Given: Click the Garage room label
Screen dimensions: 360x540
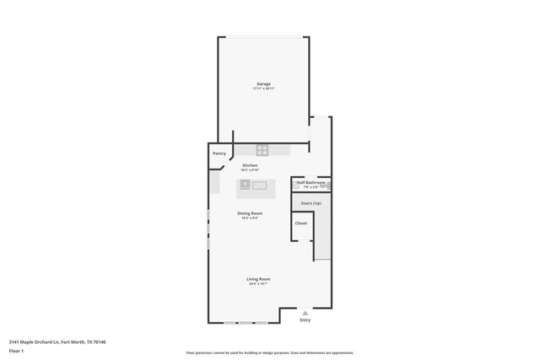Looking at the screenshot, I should [x=263, y=83].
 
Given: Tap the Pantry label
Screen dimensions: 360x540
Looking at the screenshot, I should [x=219, y=153].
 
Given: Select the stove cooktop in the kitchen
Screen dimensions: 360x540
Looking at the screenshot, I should [x=262, y=151].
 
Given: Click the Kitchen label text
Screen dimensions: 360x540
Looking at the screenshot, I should [x=250, y=165].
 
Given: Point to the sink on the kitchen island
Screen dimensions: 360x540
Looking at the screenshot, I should [x=259, y=184].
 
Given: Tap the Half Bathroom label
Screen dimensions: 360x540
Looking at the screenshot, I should [x=310, y=182].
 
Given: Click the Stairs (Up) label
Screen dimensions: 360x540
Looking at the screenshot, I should [x=310, y=203].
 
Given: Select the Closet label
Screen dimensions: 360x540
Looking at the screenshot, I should [x=301, y=223].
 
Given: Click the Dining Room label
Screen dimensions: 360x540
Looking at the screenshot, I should [x=250, y=213].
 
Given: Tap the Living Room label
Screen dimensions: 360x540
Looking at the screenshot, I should [x=258, y=279].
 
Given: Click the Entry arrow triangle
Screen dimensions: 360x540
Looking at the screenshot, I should [x=305, y=312].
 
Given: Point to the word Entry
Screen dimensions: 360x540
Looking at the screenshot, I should [x=305, y=320].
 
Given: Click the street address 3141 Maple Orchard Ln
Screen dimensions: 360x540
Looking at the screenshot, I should [x=38, y=341].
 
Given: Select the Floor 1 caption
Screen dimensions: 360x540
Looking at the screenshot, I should [x=16, y=350].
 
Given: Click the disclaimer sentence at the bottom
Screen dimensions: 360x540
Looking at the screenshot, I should [x=269, y=353].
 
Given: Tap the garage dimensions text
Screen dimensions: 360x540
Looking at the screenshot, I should [x=263, y=89].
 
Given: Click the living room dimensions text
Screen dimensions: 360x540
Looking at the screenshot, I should [x=258, y=284].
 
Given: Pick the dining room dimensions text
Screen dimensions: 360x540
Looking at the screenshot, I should [x=250, y=218].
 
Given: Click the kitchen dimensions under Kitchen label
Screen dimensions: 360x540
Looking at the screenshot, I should [x=250, y=170].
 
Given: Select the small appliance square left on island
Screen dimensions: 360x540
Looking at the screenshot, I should [x=245, y=183].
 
